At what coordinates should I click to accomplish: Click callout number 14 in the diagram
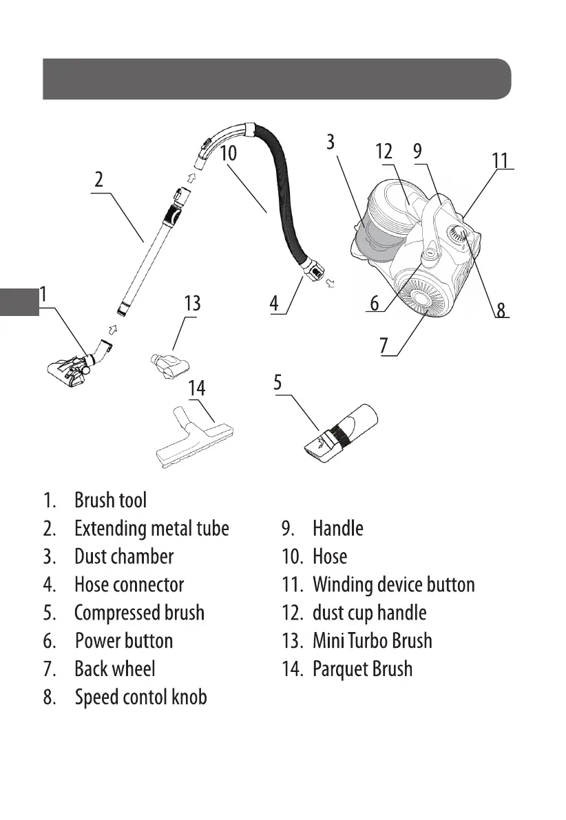[x=197, y=388]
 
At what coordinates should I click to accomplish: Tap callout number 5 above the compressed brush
[x=277, y=382]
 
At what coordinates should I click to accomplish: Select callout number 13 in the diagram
[x=192, y=304]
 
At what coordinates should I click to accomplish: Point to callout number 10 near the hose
[x=228, y=153]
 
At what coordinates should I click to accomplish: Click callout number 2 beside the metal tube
[x=99, y=180]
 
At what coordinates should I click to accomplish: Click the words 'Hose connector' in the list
[x=129, y=585]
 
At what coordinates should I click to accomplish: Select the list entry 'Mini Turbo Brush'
[x=372, y=641]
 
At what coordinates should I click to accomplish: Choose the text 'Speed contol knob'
[x=140, y=697]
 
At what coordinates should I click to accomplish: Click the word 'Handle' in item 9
[x=337, y=529]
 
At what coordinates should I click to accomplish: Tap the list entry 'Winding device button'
[x=393, y=585]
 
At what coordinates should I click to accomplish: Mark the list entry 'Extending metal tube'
[x=151, y=529]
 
